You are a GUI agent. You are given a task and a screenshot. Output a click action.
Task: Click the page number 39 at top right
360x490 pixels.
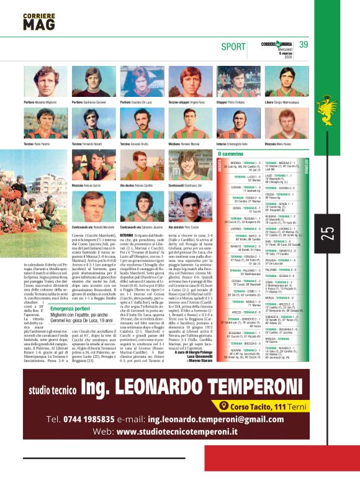coord(303,44)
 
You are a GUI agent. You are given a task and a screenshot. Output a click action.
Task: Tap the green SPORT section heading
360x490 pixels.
coord(234,46)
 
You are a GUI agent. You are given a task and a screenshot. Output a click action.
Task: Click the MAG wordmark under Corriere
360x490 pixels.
coord(39,24)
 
